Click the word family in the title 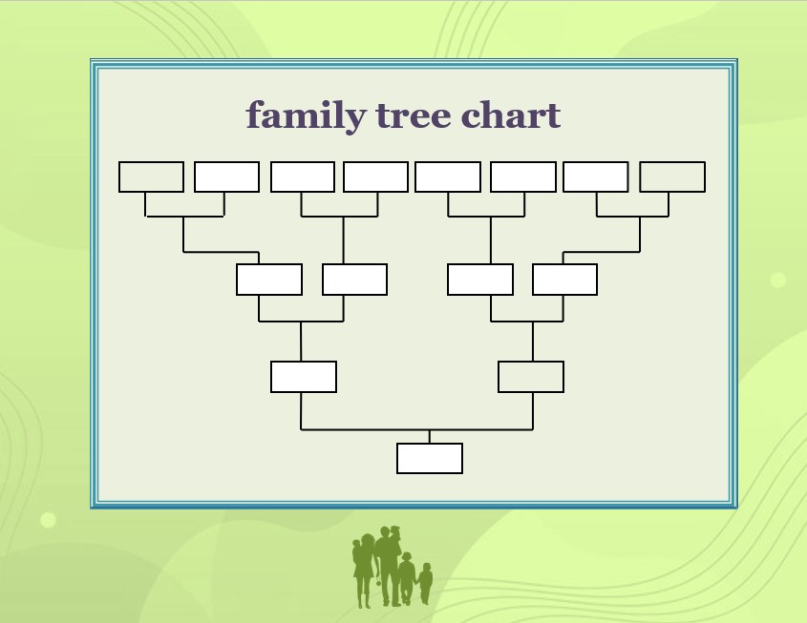coord(307,116)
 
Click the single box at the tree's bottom coord(430,459)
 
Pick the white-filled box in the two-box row coord(304,377)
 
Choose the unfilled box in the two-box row coord(531,377)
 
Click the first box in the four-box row coord(269,280)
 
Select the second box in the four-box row coord(354,280)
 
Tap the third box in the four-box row coord(480,280)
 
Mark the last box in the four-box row coord(565,280)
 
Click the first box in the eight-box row coord(151,177)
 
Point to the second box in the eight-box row coord(227,177)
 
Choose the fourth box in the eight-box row coord(375,177)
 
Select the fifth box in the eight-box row coord(448,177)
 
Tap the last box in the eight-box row coord(672,177)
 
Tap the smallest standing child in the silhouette coord(425,583)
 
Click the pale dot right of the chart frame coord(778,280)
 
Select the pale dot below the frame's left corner coord(48,520)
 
